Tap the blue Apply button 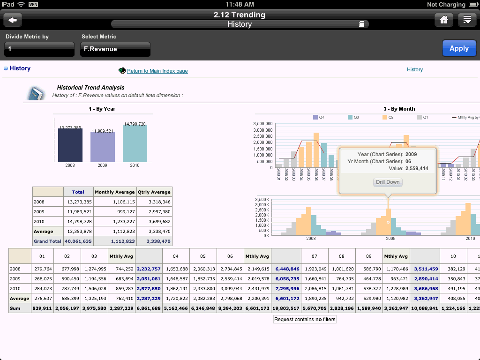tap(459, 48)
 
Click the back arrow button tap(13, 20)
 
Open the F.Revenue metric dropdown tap(115, 49)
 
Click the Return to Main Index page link tap(157, 71)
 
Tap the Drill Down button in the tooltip tap(388, 182)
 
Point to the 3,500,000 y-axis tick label tap(263, 124)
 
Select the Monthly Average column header tap(114, 192)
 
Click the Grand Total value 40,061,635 tap(78, 241)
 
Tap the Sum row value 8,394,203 tap(230, 308)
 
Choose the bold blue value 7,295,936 tap(285, 288)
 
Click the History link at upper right tap(415, 69)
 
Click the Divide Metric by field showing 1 tap(39, 49)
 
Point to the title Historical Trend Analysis tap(90, 88)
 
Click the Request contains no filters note tap(305, 319)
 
